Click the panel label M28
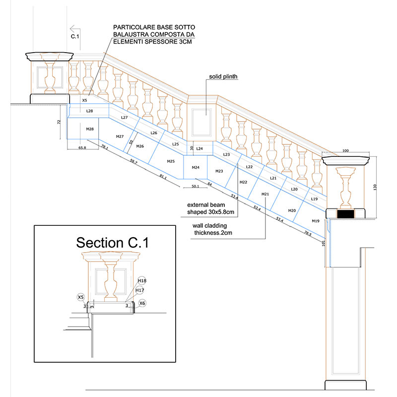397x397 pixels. tap(90, 129)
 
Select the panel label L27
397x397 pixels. tap(124, 118)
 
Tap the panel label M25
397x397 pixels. tap(171, 161)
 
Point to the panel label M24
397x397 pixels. tap(196, 167)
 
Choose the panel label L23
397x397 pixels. tap(226, 155)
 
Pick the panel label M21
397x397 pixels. tap(265, 194)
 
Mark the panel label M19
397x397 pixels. tap(316, 221)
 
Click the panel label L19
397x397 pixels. tap(314, 198)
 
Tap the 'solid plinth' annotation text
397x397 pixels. tap(223, 77)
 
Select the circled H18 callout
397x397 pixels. tap(141, 280)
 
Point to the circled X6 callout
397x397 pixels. tap(142, 303)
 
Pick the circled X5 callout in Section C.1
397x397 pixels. tap(81, 297)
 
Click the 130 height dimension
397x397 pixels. tap(375, 187)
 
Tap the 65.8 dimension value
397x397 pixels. tap(82, 148)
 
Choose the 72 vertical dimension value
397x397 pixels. tap(59, 121)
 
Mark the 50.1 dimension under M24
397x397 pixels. tap(195, 187)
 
